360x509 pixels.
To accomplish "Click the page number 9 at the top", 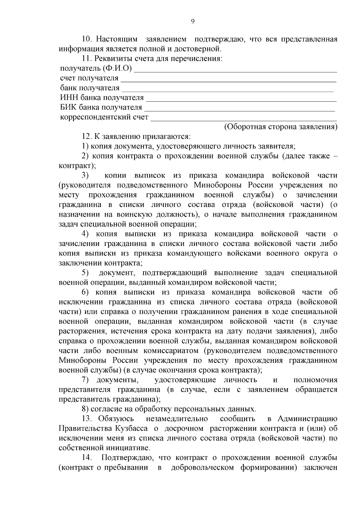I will pyautogui.click(x=193, y=21).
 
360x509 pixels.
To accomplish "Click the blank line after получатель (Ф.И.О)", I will pyautogui.click(x=235, y=71).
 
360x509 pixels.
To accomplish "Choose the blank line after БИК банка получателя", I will pyautogui.click(x=239, y=110).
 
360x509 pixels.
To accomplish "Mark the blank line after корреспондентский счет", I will pyautogui.click(x=243, y=120).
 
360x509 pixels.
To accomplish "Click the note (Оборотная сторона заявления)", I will pyautogui.click(x=281, y=127).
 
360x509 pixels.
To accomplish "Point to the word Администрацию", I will pyautogui.click(x=307, y=419).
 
